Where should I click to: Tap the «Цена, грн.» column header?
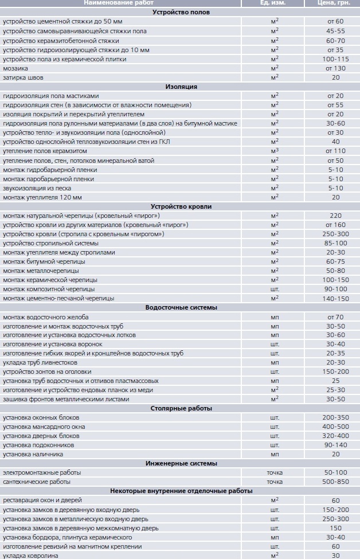pos(335,3)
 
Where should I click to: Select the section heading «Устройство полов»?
pos(181,12)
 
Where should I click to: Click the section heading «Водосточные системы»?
pos(181,308)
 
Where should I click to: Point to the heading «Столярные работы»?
pos(181,408)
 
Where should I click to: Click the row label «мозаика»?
pos(15,68)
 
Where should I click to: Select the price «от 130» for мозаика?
pos(335,68)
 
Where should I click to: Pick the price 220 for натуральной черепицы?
pos(335,216)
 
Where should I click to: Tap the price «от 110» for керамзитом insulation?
pos(335,151)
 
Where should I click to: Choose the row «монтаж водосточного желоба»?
pos(46,317)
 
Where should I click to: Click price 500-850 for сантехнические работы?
pos(335,482)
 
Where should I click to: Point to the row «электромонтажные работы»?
pos(42,472)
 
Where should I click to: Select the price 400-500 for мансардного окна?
pos(335,427)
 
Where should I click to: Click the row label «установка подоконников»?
pos(38,445)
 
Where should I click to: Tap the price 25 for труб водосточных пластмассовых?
pos(335,381)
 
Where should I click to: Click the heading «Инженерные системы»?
pos(181,463)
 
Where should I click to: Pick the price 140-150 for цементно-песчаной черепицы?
pos(335,298)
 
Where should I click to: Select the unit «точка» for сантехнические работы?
pos(275,482)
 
